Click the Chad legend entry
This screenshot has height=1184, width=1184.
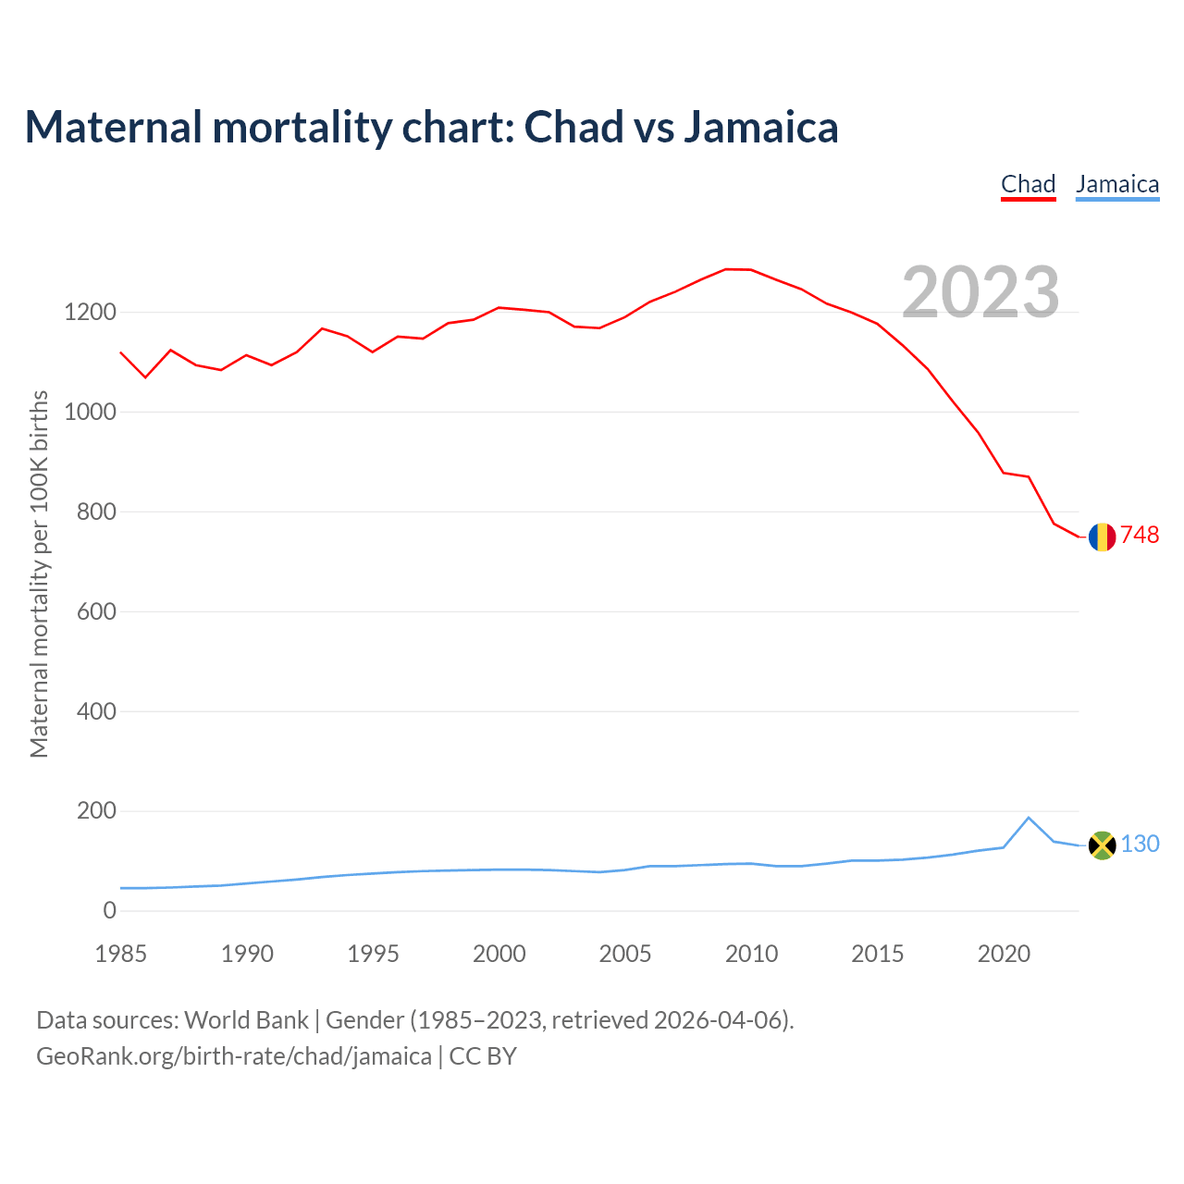(1028, 184)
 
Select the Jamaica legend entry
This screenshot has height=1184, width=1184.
(1116, 184)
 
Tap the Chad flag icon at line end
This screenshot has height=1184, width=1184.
(1102, 536)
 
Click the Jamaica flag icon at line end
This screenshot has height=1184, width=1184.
(1102, 845)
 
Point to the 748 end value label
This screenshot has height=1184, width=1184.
(1140, 536)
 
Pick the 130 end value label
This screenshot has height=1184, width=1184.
(1141, 845)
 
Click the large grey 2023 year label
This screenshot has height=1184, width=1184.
(980, 292)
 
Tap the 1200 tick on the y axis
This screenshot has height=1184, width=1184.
(90, 313)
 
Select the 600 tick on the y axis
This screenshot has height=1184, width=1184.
(96, 612)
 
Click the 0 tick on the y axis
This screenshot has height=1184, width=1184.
(110, 911)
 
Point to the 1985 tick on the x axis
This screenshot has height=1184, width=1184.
(120, 954)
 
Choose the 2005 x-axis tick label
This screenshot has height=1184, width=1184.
(625, 954)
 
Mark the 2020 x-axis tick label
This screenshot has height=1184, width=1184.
(1004, 954)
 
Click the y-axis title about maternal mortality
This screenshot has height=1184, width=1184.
(39, 573)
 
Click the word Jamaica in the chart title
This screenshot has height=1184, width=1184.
(760, 127)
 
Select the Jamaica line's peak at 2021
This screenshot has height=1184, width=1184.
(1029, 818)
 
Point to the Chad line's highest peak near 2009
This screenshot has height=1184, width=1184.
(726, 269)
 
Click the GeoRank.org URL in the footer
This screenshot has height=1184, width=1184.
(233, 1056)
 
